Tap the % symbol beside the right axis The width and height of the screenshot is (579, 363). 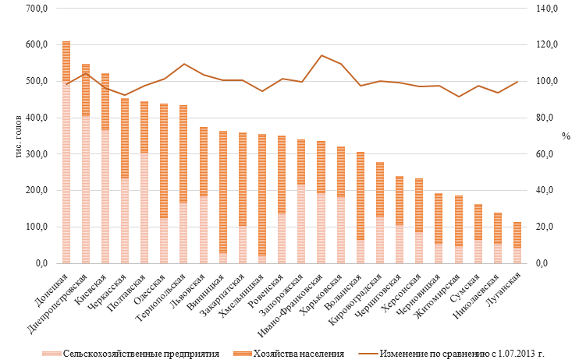coord(565,136)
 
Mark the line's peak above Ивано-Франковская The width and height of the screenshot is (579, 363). coord(321,55)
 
